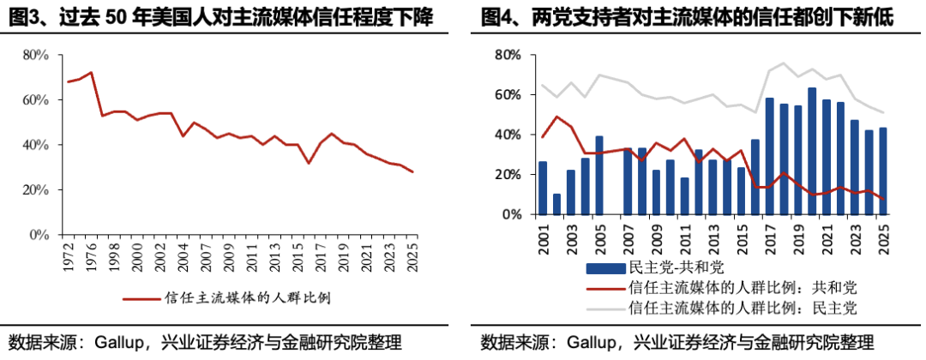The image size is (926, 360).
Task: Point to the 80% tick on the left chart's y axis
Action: pyautogui.click(x=34, y=55)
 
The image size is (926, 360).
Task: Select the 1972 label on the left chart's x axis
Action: pyautogui.click(x=69, y=251)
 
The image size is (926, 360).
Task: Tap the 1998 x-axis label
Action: pyautogui.click(x=103, y=251)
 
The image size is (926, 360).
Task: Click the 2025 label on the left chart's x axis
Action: pyautogui.click(x=412, y=251)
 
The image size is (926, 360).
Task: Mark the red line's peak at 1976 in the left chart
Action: pyautogui.click(x=91, y=73)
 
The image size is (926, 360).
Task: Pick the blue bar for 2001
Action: pyautogui.click(x=543, y=188)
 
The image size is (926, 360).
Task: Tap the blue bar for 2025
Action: pyautogui.click(x=882, y=171)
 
